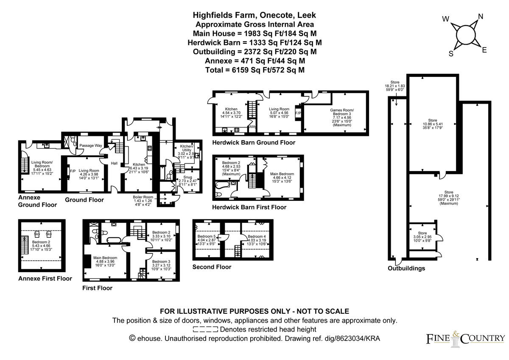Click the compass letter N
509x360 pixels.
pyautogui.click(x=481, y=17)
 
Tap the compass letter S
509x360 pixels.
pyautogui.click(x=451, y=54)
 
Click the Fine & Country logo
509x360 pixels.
pyautogui.click(x=465, y=338)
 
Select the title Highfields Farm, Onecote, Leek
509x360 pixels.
pyautogui.click(x=255, y=15)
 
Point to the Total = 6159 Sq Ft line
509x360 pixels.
pyautogui.click(x=255, y=70)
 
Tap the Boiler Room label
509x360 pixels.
pyautogui.click(x=143, y=197)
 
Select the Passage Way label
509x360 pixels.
pyautogui.click(x=92, y=146)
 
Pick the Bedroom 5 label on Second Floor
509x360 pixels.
pyautogui.click(x=207, y=236)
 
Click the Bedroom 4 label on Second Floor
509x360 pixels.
pyautogui.click(x=257, y=236)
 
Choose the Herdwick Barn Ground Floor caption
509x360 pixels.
pyautogui.click(x=254, y=143)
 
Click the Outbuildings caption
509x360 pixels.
pyautogui.click(x=406, y=268)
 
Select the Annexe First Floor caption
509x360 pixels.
pyautogui.click(x=45, y=278)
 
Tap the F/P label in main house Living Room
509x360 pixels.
pyautogui.click(x=73, y=172)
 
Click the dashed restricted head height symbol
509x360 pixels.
pyautogui.click(x=205, y=329)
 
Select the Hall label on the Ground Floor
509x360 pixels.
pyautogui.click(x=114, y=163)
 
